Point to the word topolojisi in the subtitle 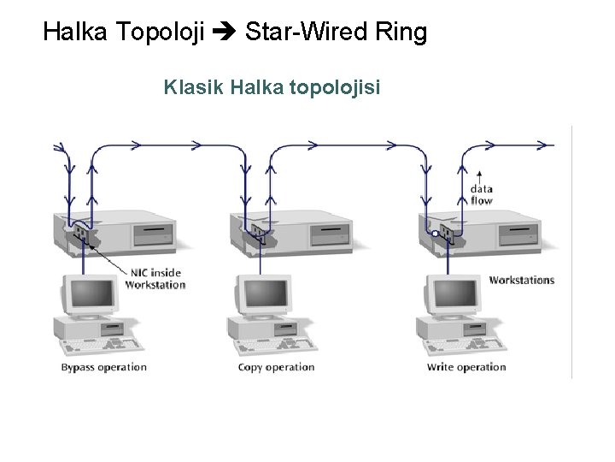[x=339, y=87]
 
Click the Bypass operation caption [x=103, y=367]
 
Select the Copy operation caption [x=276, y=367]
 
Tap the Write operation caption [x=466, y=367]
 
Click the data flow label [x=481, y=194]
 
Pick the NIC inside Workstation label [x=155, y=278]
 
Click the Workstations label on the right [x=521, y=280]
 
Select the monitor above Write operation [x=450, y=295]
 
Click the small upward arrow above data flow [x=479, y=172]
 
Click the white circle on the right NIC [x=435, y=233]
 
